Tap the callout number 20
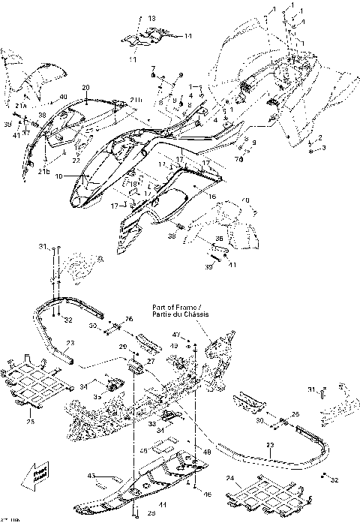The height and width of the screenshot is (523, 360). click(x=85, y=88)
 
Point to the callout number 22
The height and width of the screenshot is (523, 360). click(x=76, y=161)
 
